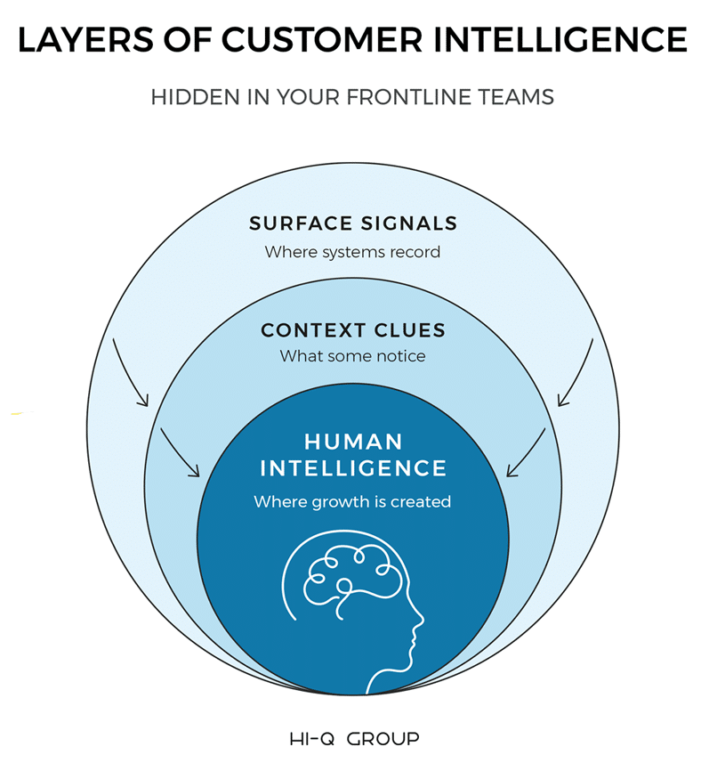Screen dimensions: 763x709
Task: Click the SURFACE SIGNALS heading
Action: coord(352,223)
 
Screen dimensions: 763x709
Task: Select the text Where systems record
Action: coord(352,252)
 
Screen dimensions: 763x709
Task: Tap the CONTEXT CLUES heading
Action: coord(352,330)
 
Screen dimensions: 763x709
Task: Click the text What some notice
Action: coord(352,356)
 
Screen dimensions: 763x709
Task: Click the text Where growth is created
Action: coord(352,501)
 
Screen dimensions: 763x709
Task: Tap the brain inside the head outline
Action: coord(342,574)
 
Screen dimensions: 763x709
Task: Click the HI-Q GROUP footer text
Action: coord(354,739)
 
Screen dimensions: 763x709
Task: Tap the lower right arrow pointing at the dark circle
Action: coord(527,452)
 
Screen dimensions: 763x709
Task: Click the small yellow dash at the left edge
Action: coord(21,413)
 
